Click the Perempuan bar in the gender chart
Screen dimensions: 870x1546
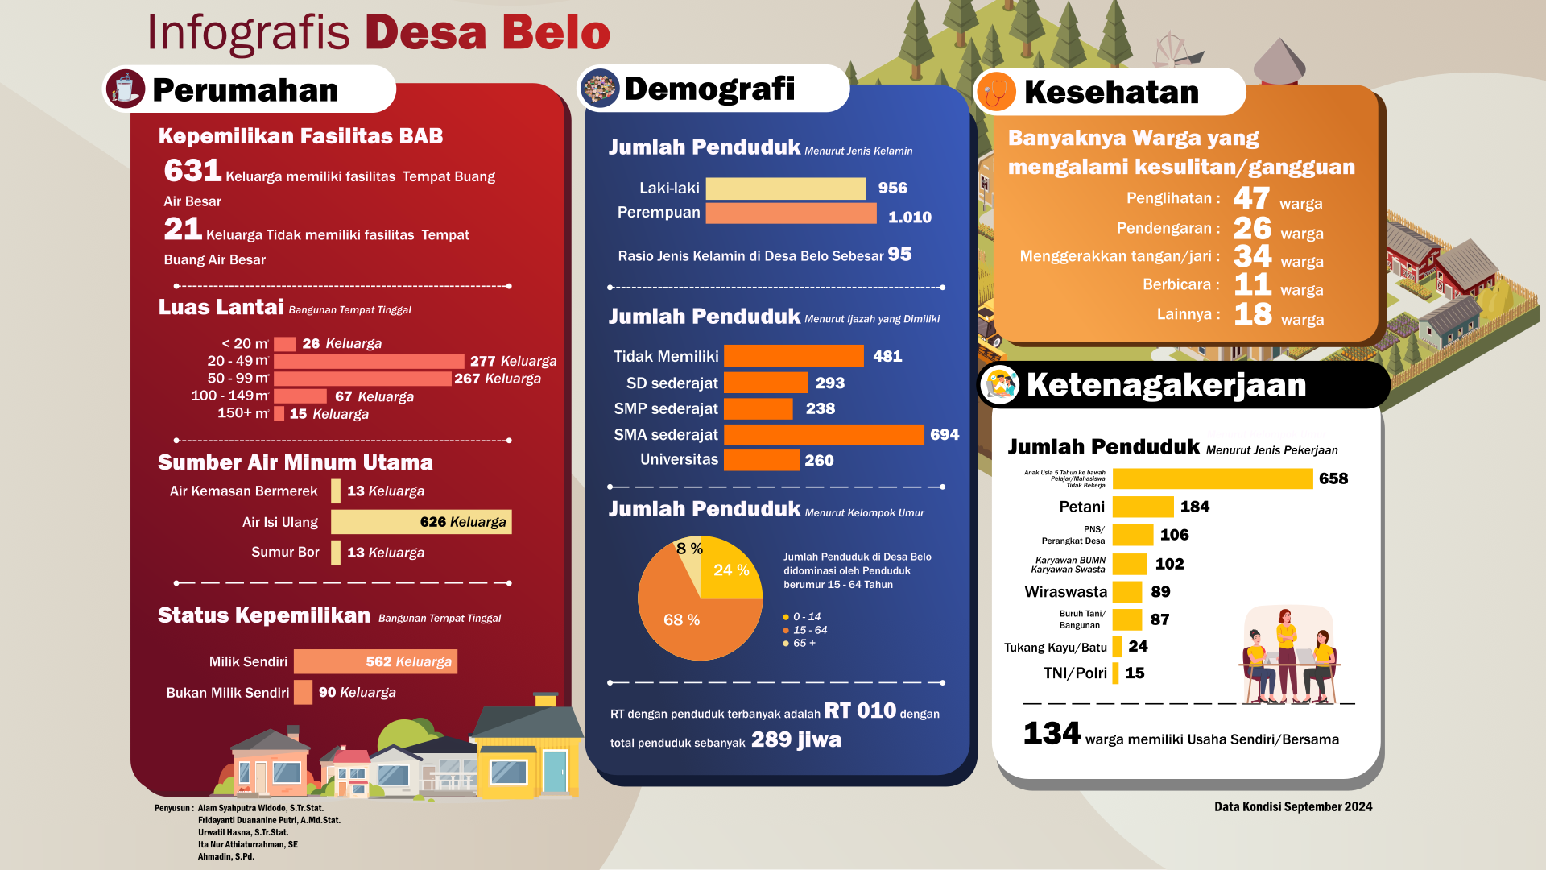coord(791,213)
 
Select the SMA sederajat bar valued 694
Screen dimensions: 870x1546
coord(823,435)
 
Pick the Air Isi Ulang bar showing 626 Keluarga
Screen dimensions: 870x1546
coord(421,522)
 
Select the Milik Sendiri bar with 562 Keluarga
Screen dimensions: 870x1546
coord(375,661)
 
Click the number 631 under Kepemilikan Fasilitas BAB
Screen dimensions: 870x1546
coord(192,171)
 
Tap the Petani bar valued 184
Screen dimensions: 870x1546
coord(1143,507)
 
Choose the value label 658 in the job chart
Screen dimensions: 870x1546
coord(1333,478)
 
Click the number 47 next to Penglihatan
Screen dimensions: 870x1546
coord(1251,198)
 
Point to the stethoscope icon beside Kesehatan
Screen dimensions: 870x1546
coord(996,91)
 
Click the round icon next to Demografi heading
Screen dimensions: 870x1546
coord(600,88)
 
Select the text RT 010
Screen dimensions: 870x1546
coord(860,710)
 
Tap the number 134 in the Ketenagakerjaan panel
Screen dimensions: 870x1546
coord(1052,734)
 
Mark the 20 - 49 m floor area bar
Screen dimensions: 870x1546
coord(369,361)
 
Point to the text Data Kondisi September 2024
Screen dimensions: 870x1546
coord(1293,806)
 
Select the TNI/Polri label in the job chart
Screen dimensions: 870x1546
coord(1075,673)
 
